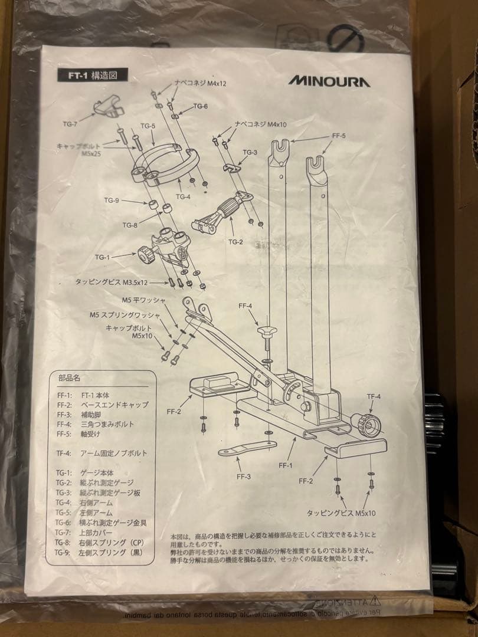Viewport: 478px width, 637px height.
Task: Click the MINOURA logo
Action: [329, 81]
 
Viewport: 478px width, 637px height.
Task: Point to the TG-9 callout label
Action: [112, 201]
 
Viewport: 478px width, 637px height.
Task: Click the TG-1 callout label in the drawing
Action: [103, 257]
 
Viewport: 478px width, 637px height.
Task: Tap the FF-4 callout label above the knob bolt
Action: [245, 306]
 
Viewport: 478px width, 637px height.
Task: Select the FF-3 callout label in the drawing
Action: [242, 476]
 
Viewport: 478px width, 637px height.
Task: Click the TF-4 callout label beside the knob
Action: [374, 396]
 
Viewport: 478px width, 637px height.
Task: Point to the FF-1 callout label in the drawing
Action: [286, 465]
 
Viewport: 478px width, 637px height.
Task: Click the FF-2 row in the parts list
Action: [103, 405]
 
